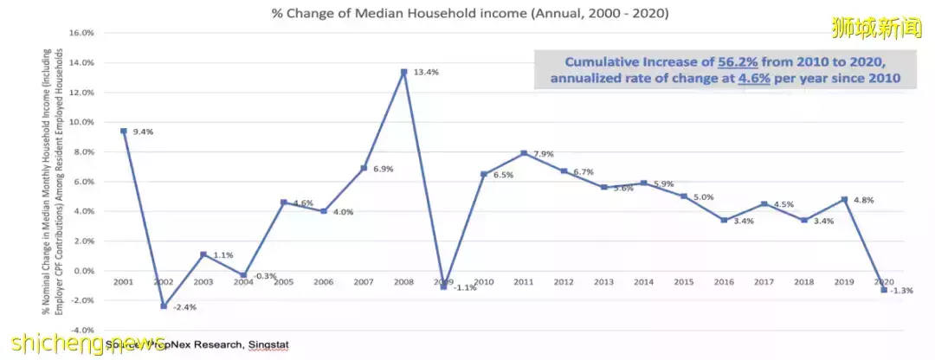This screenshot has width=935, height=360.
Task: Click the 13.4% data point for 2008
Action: pyautogui.click(x=403, y=72)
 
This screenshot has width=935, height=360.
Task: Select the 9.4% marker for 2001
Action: pyautogui.click(x=124, y=131)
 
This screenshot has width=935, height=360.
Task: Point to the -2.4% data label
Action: pyautogui.click(x=184, y=307)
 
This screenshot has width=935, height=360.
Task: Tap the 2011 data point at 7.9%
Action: pyautogui.click(x=523, y=153)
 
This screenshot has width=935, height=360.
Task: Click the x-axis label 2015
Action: pyautogui.click(x=683, y=282)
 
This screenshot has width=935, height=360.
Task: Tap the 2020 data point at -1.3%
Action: pyautogui.click(x=883, y=290)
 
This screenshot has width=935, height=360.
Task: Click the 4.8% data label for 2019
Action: pyautogui.click(x=864, y=200)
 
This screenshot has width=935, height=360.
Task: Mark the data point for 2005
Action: pyautogui.click(x=284, y=202)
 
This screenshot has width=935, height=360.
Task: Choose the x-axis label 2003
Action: pyautogui.click(x=204, y=282)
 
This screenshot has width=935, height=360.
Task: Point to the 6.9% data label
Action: pyautogui.click(x=383, y=169)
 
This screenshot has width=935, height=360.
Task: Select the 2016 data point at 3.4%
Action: pyautogui.click(x=724, y=220)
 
